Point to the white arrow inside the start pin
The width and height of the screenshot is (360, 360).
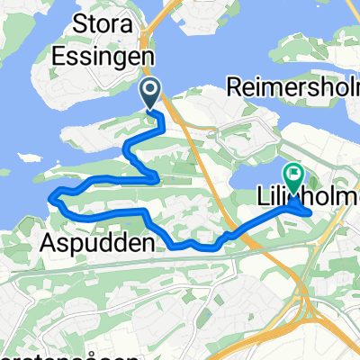150,88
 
